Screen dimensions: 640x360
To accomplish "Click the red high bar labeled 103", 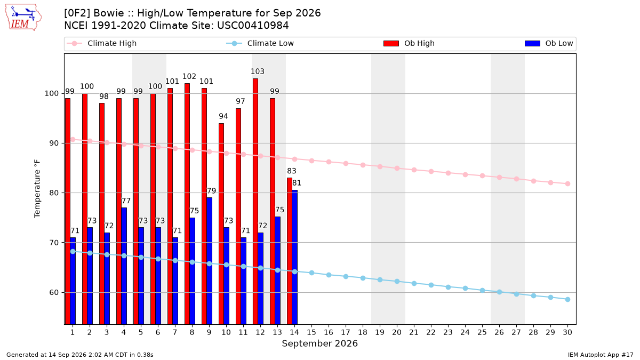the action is point(255,202).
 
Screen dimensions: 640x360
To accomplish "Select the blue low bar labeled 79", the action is point(210,261).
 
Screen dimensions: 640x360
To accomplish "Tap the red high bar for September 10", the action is point(221,223).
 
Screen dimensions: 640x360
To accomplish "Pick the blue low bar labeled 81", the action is point(294,257).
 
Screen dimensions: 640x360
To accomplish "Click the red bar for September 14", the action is point(290,251).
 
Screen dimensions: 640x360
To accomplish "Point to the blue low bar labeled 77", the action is point(124,266).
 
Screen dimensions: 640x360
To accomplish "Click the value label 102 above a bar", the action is point(189,77).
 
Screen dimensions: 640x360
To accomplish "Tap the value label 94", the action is point(223,116).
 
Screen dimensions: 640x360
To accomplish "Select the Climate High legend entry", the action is point(102,43).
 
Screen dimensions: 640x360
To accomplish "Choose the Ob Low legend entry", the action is point(549,43).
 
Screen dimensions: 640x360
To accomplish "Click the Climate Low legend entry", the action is point(260,43).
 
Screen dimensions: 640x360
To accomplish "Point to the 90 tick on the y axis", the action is point(54,143).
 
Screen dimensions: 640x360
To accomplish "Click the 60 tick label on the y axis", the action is point(54,293).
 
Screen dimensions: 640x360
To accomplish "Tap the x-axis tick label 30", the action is point(567,332).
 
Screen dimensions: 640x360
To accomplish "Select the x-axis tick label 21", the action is point(414,332).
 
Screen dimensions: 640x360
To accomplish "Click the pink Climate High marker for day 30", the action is point(567,183).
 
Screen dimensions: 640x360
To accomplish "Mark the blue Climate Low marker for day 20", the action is point(397,282).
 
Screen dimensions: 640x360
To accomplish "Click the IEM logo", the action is point(23,18).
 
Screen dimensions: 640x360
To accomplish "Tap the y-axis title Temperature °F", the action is point(37,189).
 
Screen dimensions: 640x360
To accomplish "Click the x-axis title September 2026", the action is point(319,343).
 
